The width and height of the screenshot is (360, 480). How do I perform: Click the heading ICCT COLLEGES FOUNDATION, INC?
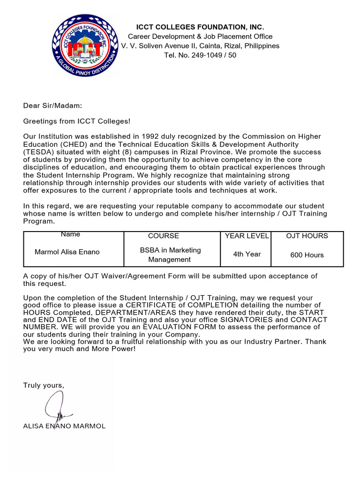pyautogui.click(x=200, y=27)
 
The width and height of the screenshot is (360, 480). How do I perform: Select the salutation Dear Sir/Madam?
pyautogui.click(x=52, y=106)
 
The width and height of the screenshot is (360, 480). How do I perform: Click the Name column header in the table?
pyautogui.click(x=70, y=234)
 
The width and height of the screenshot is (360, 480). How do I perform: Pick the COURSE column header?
pyautogui.click(x=163, y=236)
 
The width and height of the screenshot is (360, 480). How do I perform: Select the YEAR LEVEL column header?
pyautogui.click(x=247, y=236)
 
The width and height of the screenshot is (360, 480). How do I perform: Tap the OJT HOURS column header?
pyautogui.click(x=307, y=236)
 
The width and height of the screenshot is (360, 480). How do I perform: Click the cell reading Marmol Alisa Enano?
pyautogui.click(x=67, y=252)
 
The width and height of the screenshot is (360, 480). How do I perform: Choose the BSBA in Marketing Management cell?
pyautogui.click(x=170, y=255)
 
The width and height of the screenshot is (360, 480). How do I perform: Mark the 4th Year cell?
pyautogui.click(x=247, y=254)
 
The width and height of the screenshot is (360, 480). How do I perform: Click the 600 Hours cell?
pyautogui.click(x=307, y=255)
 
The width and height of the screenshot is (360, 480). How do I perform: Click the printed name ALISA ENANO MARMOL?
pyautogui.click(x=64, y=426)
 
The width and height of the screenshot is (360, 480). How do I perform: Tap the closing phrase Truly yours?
pyautogui.click(x=44, y=385)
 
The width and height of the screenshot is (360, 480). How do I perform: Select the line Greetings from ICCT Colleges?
pyautogui.click(x=77, y=121)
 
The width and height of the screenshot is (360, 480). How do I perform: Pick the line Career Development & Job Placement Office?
pyautogui.click(x=200, y=37)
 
